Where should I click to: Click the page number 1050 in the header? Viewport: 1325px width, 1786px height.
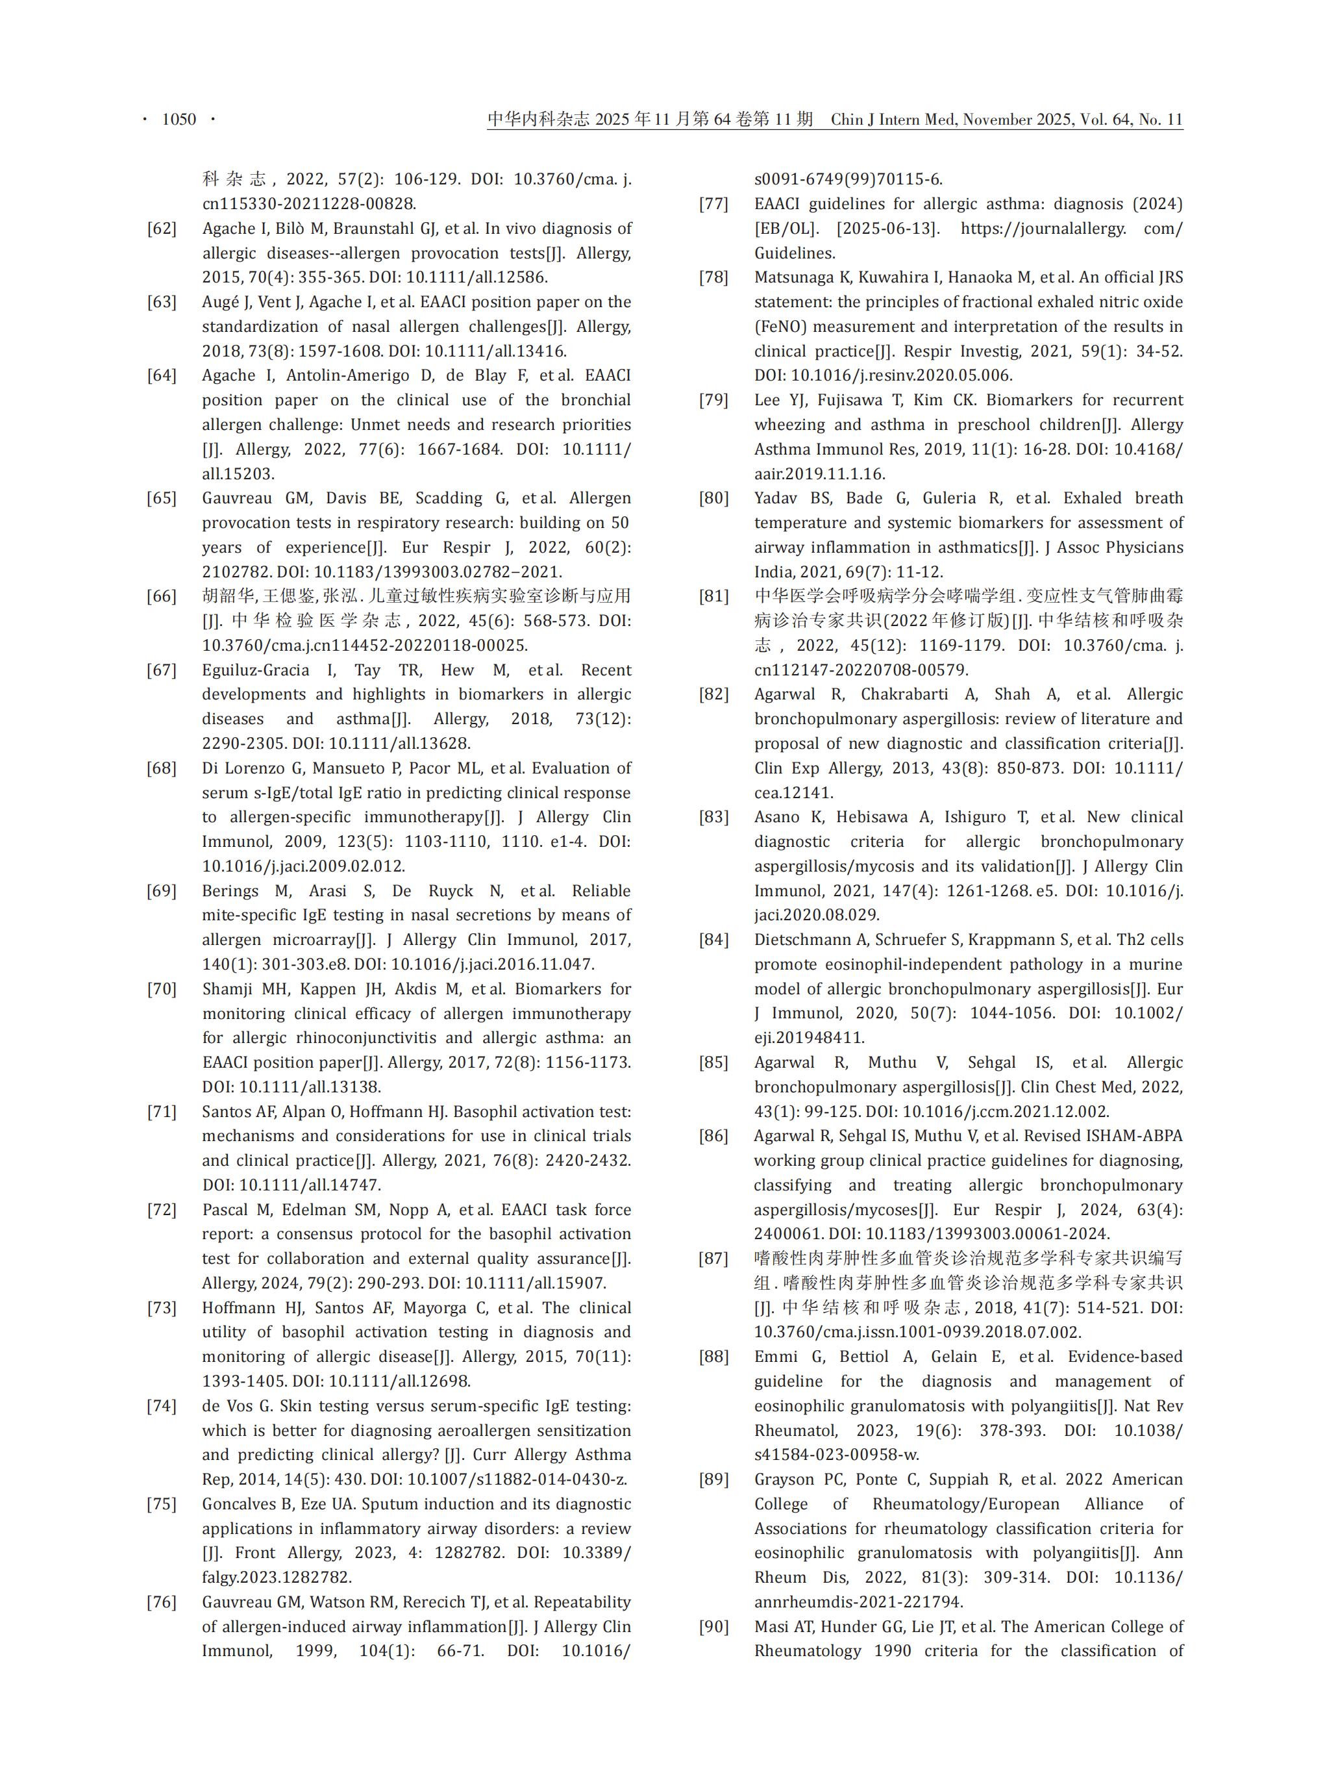[179, 119]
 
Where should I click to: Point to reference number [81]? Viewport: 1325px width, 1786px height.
[714, 596]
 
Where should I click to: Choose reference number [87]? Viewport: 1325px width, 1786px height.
[714, 1258]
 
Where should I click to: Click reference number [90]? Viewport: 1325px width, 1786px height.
[714, 1626]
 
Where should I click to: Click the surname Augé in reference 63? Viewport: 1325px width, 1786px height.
[221, 302]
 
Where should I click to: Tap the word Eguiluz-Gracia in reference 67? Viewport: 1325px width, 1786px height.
[255, 670]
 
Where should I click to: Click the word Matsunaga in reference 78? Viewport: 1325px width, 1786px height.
[793, 277]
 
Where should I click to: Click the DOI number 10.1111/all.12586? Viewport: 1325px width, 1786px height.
[478, 277]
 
